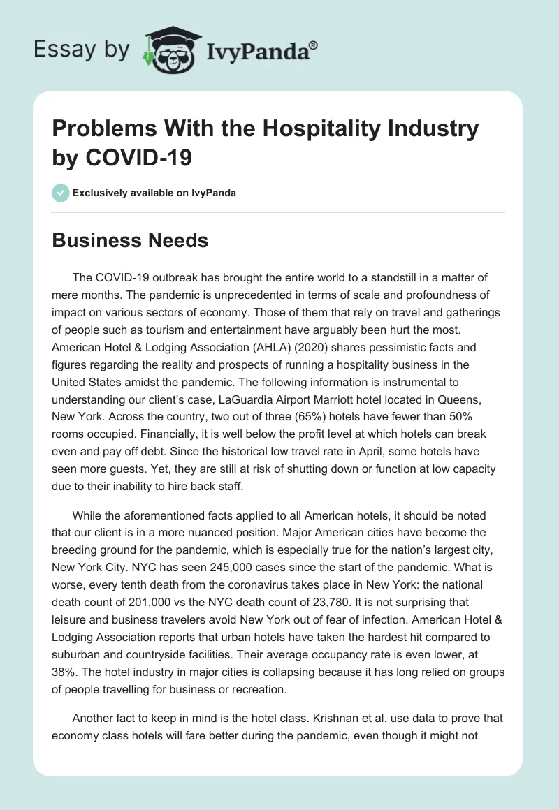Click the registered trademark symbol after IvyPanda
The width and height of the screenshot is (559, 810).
pos(314,45)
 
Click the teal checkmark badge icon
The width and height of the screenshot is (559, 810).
pos(61,193)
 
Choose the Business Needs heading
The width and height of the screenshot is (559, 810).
pos(131,241)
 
